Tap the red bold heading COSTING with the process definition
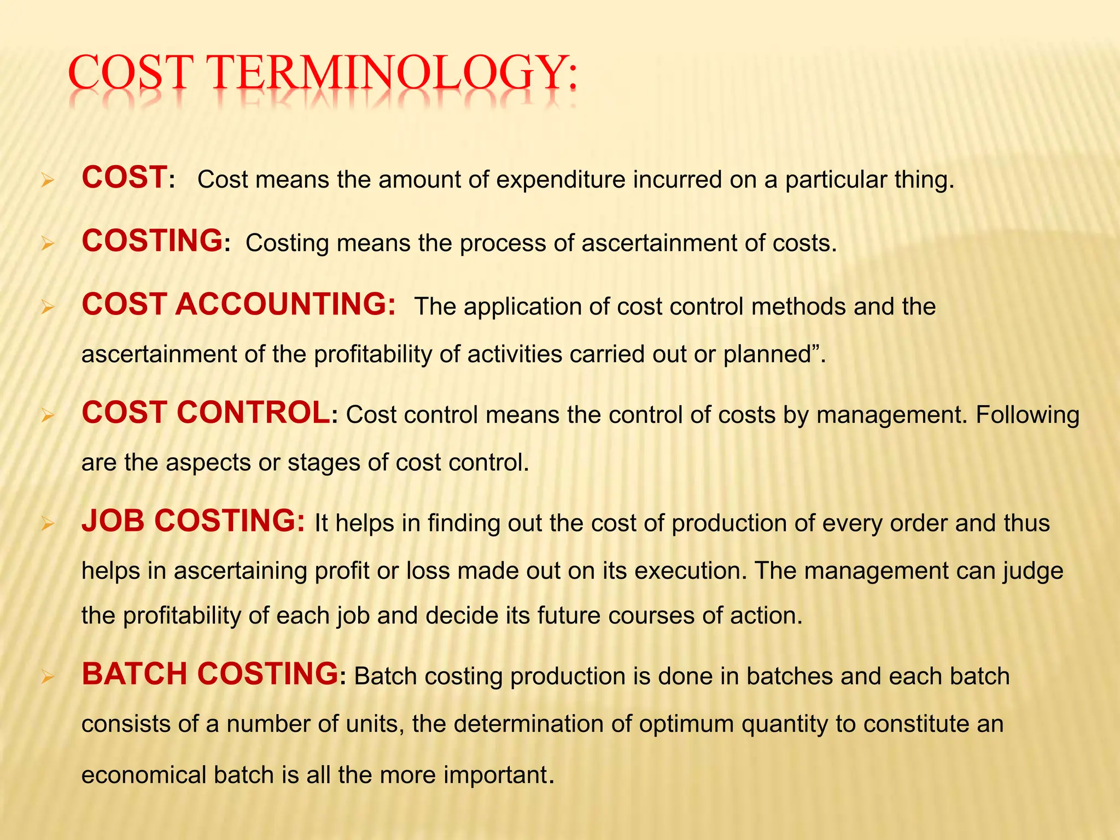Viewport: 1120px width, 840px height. (152, 241)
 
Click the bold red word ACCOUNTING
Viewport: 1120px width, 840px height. (285, 304)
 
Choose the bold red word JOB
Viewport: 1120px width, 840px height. (114, 521)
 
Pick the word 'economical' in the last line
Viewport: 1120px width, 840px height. (143, 775)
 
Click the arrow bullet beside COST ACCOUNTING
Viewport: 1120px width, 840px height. (48, 308)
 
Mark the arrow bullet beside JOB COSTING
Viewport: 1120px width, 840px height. (48, 524)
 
